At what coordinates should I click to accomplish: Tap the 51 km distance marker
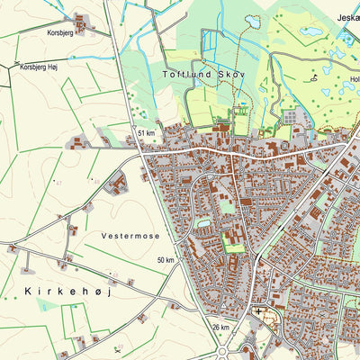[x=147, y=133]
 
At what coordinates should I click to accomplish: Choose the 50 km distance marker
[x=166, y=259]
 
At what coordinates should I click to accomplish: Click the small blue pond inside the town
[x=204, y=222]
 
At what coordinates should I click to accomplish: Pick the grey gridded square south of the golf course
[x=291, y=116]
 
